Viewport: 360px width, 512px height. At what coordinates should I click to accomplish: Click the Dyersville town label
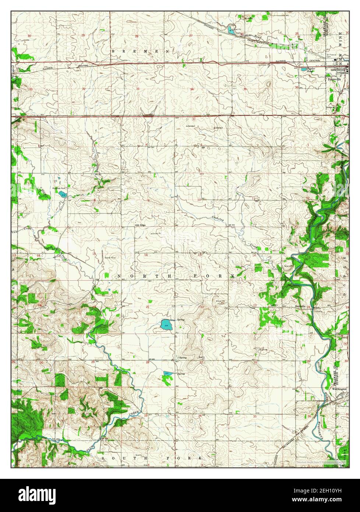click(x=332, y=78)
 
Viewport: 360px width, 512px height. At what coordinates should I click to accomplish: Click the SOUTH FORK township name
click(x=152, y=458)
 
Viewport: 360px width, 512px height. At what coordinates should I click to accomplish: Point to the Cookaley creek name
click(x=218, y=219)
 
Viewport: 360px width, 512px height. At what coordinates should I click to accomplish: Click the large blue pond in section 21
click(x=165, y=325)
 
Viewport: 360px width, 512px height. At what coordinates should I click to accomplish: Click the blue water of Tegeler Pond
click(x=304, y=69)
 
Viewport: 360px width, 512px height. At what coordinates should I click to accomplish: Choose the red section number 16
click(x=146, y=255)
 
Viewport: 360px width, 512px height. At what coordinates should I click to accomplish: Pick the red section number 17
click(x=94, y=253)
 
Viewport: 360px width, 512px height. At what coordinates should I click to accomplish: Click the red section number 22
click(x=202, y=306)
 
